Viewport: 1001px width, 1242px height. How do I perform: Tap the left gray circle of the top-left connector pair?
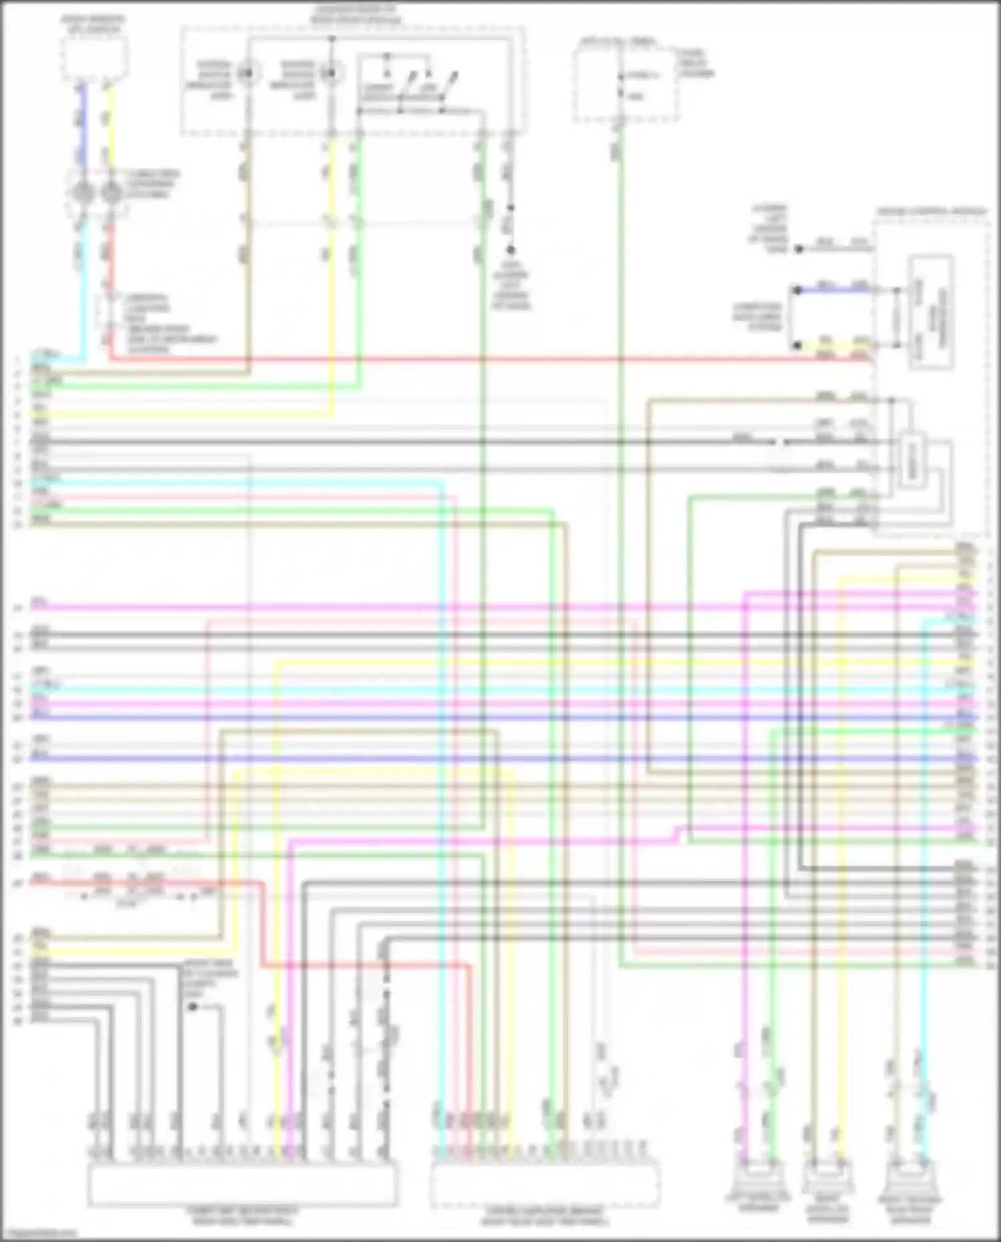[83, 193]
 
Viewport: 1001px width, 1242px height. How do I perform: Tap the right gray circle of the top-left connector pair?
[111, 193]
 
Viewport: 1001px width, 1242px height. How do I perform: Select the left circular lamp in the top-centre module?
[247, 73]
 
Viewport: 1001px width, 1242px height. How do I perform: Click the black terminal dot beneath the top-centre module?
[511, 250]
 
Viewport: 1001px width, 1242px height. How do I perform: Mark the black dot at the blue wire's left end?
[797, 290]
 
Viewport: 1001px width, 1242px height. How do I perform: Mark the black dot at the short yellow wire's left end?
[797, 346]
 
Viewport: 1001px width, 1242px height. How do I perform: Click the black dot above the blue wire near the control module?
[798, 249]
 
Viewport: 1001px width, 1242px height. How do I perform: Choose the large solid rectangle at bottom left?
[242, 1184]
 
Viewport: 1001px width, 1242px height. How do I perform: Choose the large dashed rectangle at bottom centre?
[544, 1184]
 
